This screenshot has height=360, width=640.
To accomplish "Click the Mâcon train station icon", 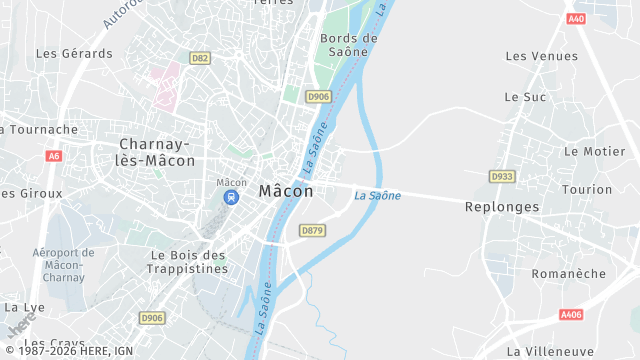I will coord(231,197).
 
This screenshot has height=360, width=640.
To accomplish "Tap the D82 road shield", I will coord(200,58).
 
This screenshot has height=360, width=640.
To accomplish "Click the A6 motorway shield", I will coord(53,156).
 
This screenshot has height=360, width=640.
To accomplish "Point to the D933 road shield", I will coord(501,176).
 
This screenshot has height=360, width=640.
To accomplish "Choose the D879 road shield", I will coord(312,231).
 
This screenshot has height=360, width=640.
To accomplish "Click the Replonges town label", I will coord(502,207).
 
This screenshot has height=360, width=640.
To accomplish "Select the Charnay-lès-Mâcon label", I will coord(156,152).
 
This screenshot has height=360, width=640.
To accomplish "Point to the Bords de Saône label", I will coord(349,47).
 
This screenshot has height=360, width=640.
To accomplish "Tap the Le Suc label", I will coord(525,97).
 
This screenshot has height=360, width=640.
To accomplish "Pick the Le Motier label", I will coord(594,151).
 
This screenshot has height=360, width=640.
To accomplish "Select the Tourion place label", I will coord(587,189).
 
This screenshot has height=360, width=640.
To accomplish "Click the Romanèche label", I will coord(568,273).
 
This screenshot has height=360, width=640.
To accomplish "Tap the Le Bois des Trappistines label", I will coord(189,261).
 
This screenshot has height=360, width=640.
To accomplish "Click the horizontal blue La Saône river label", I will coord(378,196).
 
